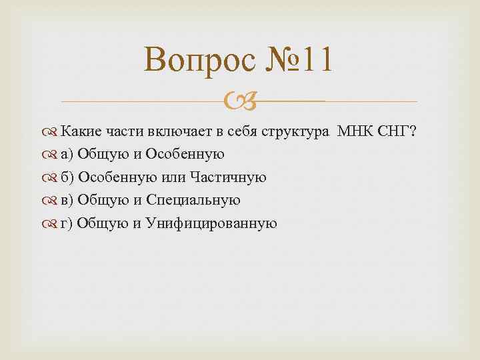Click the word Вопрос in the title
coord(199,61)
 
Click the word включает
coord(184,131)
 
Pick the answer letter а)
coord(67,155)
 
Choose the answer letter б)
coord(67,177)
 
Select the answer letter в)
coord(67,200)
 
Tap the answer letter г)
coord(66,223)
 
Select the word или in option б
coord(169,177)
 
